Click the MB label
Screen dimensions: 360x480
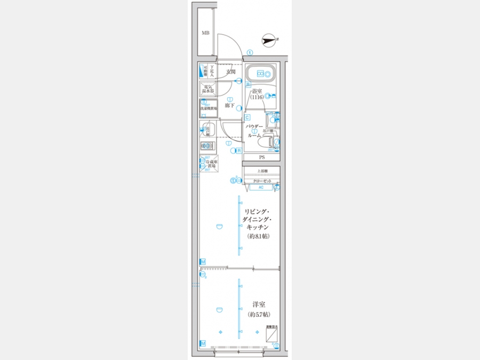click(x=205, y=33)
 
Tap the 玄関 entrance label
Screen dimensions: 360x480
click(x=230, y=71)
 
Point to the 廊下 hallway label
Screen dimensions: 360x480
click(x=230, y=106)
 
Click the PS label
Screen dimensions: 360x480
click(x=262, y=158)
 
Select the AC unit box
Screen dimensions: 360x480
click(x=261, y=188)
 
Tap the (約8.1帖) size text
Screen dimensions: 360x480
click(x=258, y=236)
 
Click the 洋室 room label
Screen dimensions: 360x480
click(x=259, y=305)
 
